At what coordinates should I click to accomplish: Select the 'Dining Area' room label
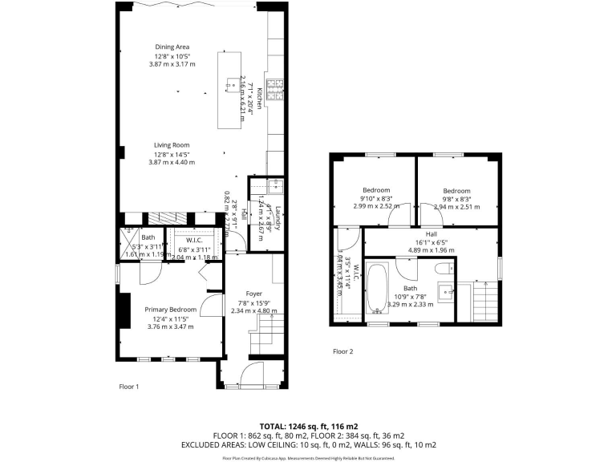[x=172, y=47]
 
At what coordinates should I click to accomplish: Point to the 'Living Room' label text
[x=172, y=145]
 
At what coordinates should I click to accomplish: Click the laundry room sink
[x=274, y=185]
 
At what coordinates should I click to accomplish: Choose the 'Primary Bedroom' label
[x=170, y=309]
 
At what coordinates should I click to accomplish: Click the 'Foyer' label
[x=253, y=294]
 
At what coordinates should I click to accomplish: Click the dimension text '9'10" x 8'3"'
[x=375, y=198]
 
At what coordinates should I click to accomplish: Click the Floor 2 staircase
[x=484, y=302]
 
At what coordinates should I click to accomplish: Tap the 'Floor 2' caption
[x=342, y=351]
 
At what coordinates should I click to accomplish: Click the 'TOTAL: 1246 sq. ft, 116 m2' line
[x=308, y=425]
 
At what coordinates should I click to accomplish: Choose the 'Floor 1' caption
[x=129, y=387]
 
